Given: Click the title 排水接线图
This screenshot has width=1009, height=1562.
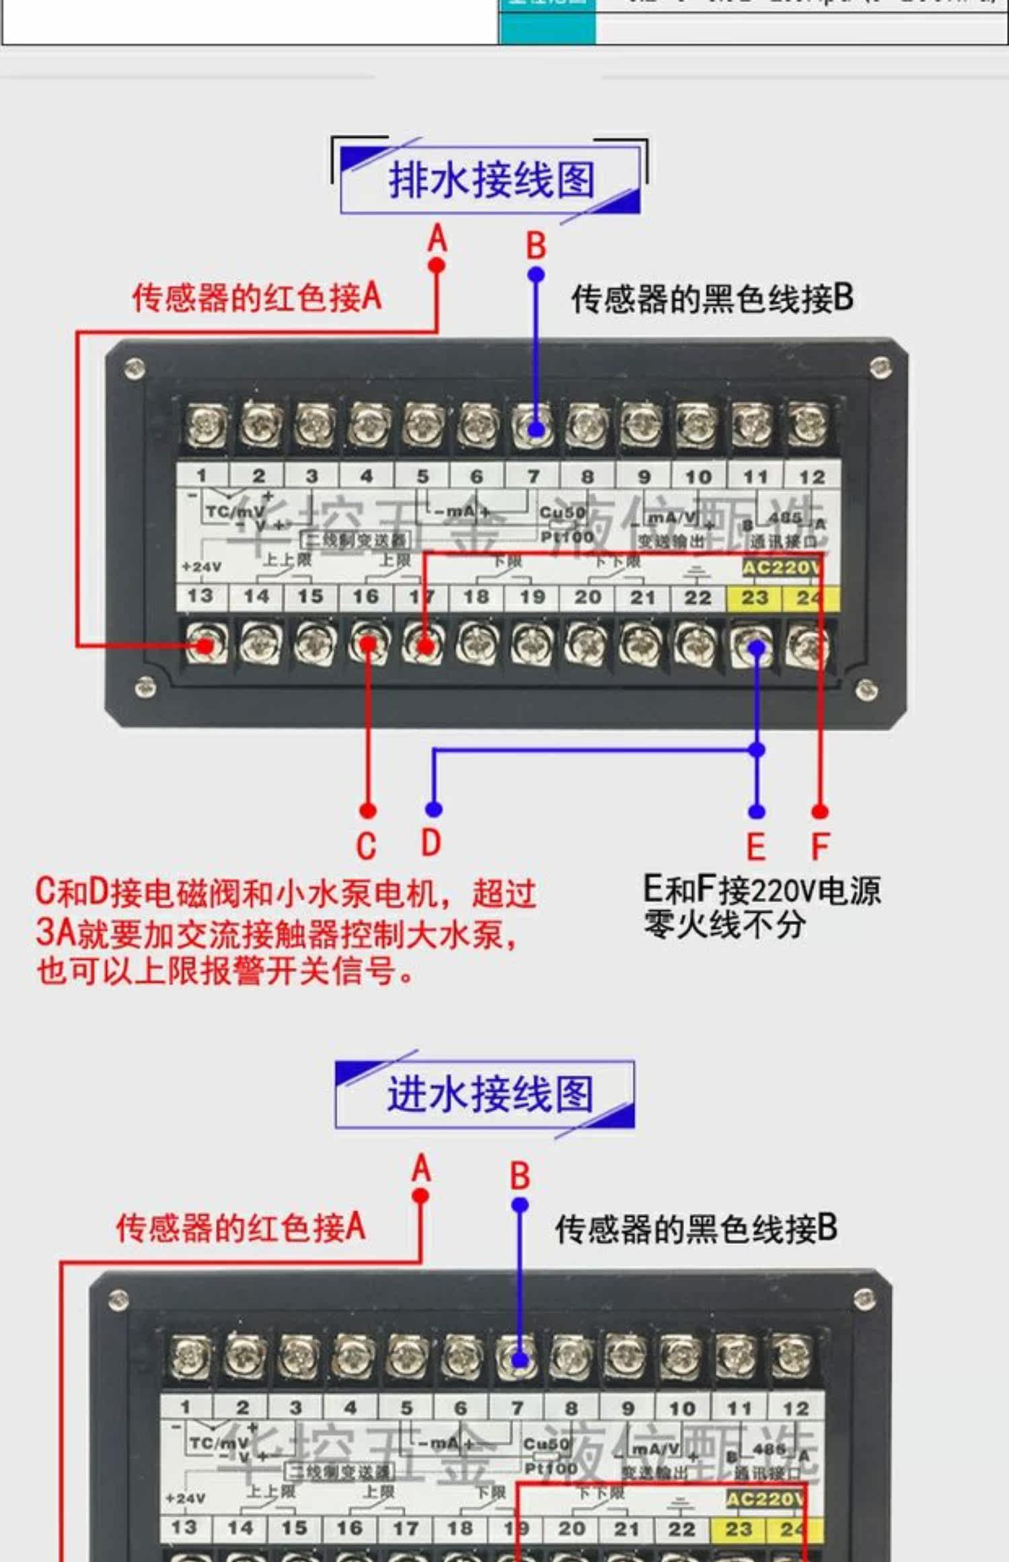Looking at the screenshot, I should coord(491,180).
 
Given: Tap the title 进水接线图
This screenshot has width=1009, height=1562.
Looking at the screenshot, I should coord(490,1094).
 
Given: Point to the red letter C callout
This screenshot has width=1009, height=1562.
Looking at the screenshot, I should coord(366,846).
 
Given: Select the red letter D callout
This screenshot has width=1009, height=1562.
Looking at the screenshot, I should coord(431,842).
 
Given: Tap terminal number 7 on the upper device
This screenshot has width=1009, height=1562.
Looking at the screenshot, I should coord(533,476).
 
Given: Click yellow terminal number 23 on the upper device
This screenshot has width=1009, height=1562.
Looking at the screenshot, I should coord(754,597).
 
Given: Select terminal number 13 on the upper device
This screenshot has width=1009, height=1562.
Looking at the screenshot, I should coord(200,596).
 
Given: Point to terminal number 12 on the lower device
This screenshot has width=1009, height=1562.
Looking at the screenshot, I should coord(796,1407).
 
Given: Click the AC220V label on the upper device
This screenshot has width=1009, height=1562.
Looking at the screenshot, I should coord(781,568).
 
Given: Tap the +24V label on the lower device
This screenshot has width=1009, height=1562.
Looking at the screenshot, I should coord(185,1498).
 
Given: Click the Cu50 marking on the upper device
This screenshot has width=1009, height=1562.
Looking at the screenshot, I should coord(562,513).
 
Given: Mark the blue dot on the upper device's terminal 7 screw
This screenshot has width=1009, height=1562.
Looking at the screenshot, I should coord(535,429).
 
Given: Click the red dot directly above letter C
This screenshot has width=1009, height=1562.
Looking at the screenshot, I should coord(367,810).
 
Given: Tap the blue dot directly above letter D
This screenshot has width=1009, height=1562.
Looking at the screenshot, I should coord(434,809).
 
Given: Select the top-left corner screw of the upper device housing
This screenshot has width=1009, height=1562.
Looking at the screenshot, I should coord(135,369).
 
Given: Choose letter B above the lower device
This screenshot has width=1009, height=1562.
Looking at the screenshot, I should coord(520,1177).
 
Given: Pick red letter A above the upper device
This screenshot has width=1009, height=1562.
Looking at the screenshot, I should coord(438,239).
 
